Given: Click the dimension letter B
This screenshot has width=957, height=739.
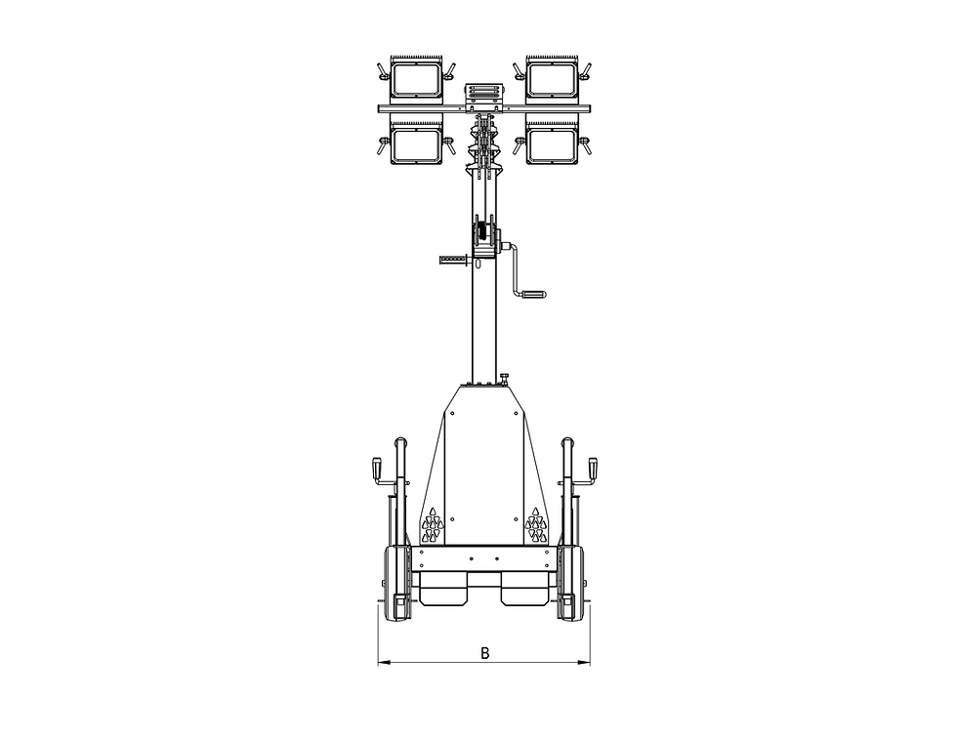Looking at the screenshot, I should [484, 653].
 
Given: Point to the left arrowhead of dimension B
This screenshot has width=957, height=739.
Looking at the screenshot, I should [382, 664].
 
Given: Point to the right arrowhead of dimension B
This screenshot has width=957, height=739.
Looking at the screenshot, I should [586, 664].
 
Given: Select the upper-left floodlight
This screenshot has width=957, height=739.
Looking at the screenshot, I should [417, 79].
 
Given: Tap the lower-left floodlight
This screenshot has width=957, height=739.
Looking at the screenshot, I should [417, 144].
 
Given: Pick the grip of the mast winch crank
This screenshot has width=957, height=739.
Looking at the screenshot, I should [533, 292].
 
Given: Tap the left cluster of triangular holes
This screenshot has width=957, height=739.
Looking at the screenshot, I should [432, 526].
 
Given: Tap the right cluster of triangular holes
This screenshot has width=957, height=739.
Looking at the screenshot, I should [535, 526].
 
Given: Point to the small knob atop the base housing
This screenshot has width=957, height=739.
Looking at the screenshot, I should [505, 378].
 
